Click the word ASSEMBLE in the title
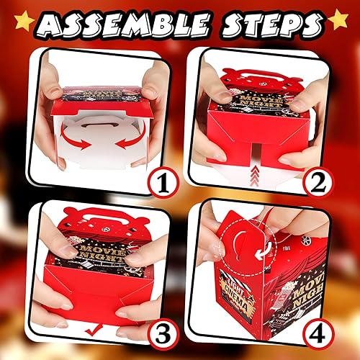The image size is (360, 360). (x=122, y=26)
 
